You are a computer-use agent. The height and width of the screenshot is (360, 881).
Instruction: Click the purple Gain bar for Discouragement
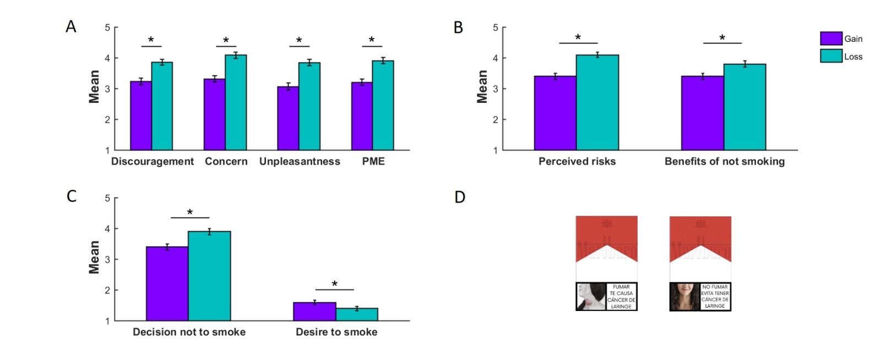(x=141, y=116)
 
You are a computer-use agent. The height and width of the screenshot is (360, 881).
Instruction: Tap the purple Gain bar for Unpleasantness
(x=288, y=118)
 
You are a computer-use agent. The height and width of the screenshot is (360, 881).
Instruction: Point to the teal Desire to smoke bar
(x=357, y=314)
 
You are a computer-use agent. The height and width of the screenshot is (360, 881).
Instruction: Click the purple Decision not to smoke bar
(x=167, y=283)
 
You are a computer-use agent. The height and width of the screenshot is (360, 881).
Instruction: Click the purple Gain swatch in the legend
(x=831, y=39)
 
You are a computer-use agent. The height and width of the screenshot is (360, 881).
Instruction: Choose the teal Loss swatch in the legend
(x=831, y=56)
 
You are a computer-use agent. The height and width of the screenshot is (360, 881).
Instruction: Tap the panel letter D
(x=460, y=197)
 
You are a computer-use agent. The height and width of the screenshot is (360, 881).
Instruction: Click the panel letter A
(x=71, y=26)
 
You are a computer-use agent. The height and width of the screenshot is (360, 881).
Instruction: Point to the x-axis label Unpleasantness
(x=300, y=161)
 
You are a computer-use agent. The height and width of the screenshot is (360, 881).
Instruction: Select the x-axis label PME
(x=373, y=161)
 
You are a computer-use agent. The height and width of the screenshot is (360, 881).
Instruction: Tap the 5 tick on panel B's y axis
(x=496, y=28)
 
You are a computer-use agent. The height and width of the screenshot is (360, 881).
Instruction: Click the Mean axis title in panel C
(x=94, y=257)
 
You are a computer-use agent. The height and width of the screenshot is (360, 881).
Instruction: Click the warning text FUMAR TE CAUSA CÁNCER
(x=621, y=297)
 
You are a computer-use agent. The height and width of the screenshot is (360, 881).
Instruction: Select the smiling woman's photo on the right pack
(x=684, y=297)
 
